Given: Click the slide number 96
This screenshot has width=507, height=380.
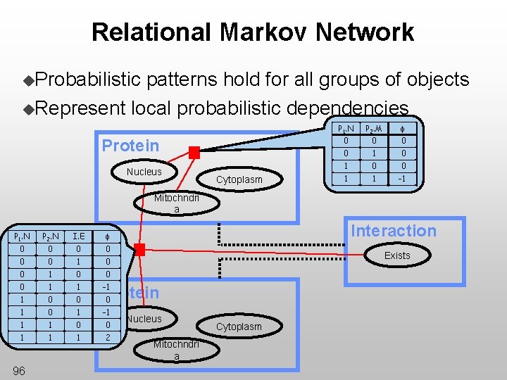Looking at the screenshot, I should (x=19, y=371).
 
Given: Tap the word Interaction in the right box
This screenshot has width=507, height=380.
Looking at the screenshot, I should (x=394, y=231).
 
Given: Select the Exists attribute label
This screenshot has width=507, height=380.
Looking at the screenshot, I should (x=396, y=255).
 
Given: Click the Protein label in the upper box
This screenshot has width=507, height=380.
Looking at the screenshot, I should (x=130, y=146).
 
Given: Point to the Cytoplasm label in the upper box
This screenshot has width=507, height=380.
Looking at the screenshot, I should (x=239, y=179).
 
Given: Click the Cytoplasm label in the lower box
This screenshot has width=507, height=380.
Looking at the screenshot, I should (x=239, y=327).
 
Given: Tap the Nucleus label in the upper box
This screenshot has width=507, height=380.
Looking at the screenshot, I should (x=144, y=172).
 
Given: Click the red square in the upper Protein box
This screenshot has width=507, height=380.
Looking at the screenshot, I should (x=194, y=152).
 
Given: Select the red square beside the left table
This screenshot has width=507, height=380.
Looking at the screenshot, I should (x=140, y=250).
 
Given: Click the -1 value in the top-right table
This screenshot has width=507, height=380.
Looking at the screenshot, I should (x=403, y=178).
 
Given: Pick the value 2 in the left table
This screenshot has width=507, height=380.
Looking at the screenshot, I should (x=108, y=338).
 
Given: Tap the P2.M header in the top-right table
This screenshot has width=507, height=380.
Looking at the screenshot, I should (x=373, y=128).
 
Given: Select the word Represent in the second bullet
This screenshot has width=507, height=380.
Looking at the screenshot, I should (x=80, y=108).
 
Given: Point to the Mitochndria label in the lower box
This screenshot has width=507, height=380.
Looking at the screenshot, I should (x=176, y=350).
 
